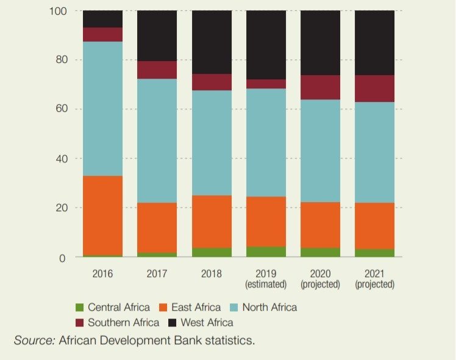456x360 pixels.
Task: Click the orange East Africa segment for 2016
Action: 102,215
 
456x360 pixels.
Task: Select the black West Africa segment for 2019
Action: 266,45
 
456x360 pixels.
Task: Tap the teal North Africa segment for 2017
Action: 157,140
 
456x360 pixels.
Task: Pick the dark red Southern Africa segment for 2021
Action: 374,88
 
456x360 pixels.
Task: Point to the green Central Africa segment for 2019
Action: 266,251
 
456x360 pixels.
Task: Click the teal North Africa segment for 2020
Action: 320,151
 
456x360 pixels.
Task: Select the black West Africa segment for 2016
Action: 102,19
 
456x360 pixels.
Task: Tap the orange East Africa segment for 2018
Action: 212,221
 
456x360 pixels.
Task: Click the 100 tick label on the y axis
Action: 58,11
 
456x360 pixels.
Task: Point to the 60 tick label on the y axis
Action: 60,109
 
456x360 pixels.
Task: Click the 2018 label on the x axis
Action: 212,273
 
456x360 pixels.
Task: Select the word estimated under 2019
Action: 266,284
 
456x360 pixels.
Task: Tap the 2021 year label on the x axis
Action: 374,273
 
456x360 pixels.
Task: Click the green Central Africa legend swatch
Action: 79,307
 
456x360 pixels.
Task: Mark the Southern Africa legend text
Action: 124,322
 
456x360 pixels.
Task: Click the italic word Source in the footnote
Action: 34,340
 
